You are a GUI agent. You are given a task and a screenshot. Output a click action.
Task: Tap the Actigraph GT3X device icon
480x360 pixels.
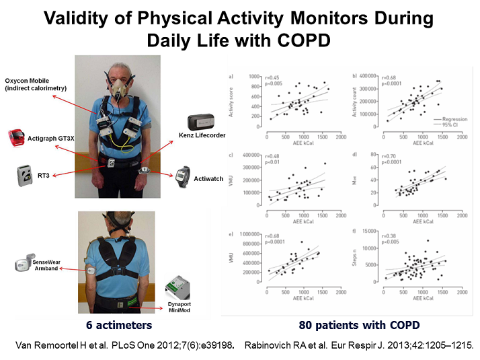(x=19, y=137)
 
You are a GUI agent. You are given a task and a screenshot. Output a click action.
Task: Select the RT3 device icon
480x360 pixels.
(x=25, y=174)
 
